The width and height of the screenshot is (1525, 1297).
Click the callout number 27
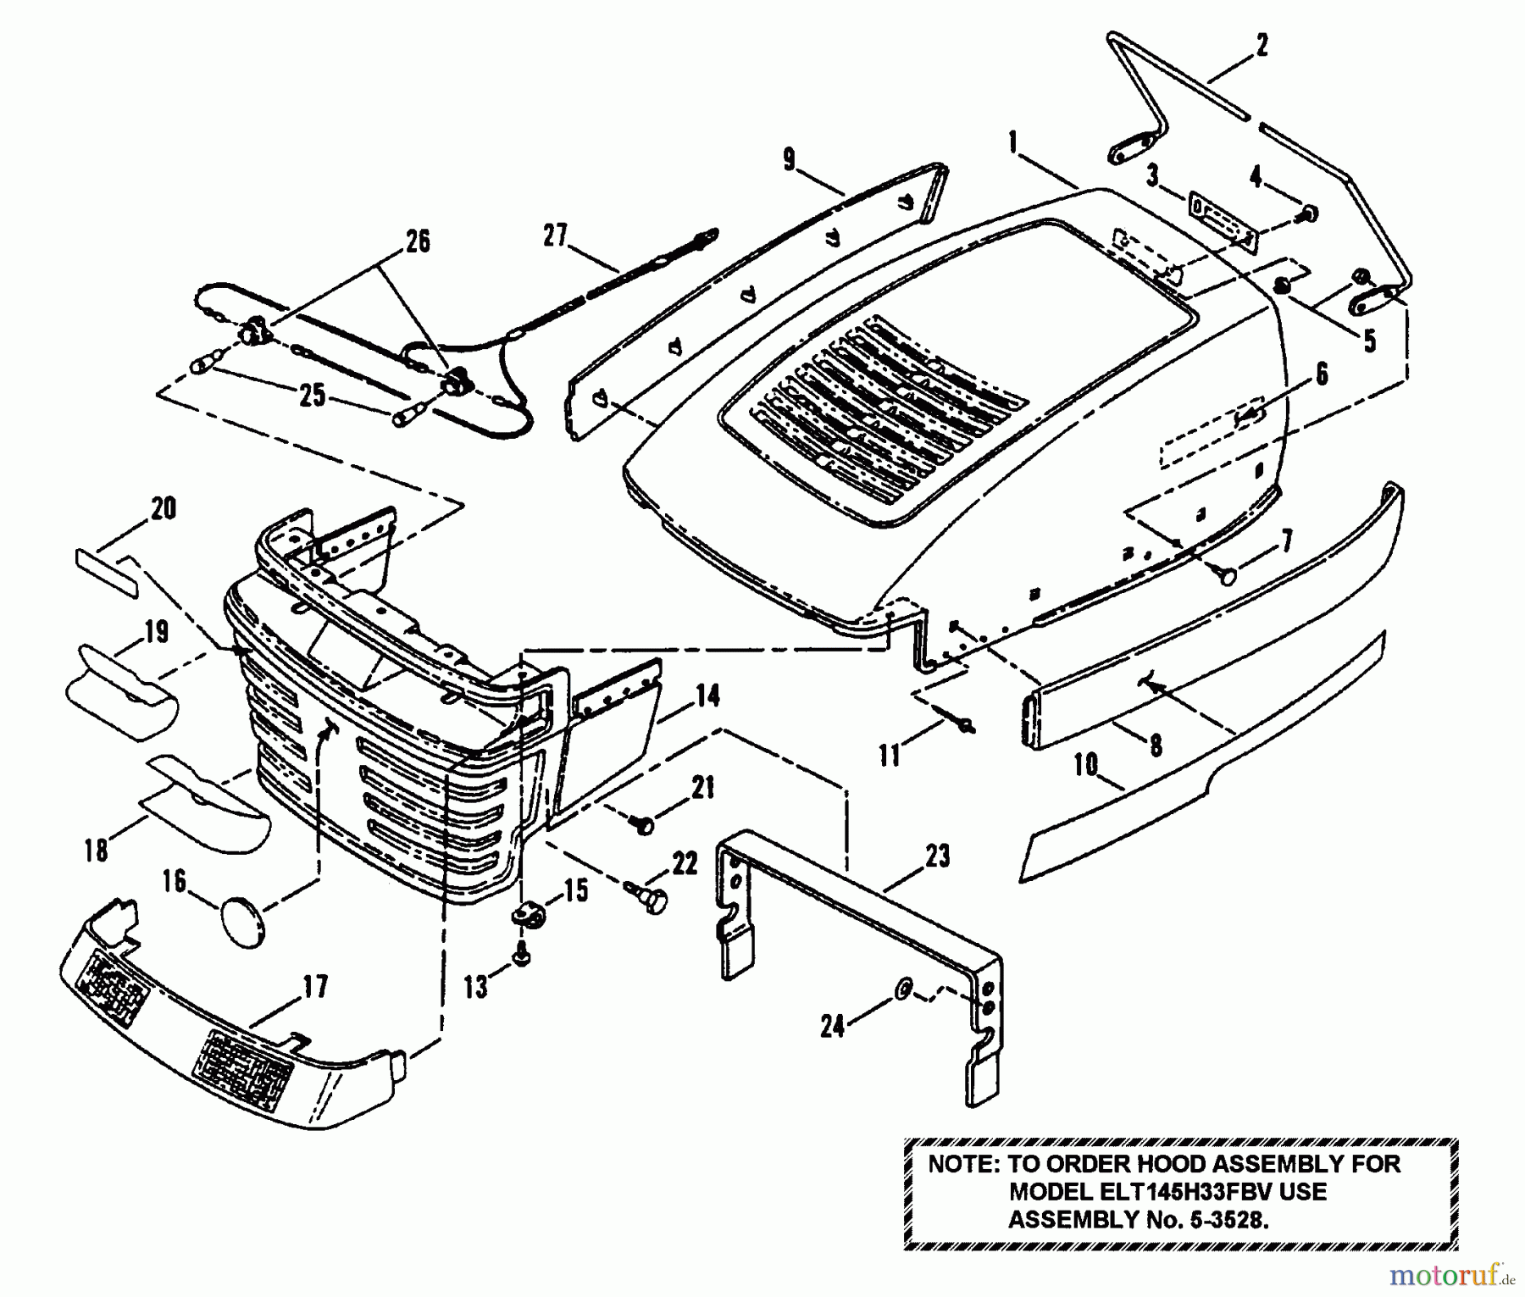click(555, 236)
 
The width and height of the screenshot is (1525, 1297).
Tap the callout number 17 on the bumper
click(315, 987)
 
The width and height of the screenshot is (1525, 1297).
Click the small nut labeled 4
click(1308, 213)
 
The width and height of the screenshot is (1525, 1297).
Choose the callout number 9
click(789, 159)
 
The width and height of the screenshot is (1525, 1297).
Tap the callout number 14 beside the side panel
click(707, 697)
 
